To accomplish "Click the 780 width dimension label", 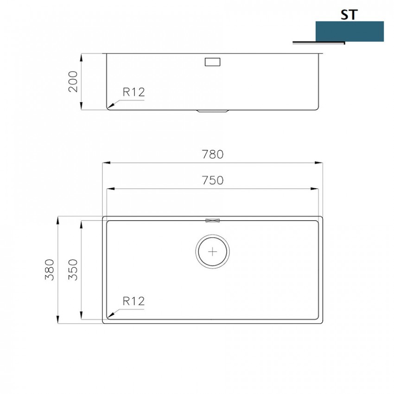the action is click(x=213, y=154).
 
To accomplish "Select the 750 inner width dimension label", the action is click(x=213, y=180).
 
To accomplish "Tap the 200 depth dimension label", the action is click(x=73, y=82).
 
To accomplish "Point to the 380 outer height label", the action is click(x=50, y=270).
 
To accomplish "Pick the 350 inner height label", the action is click(x=73, y=270).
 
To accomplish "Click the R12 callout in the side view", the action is click(x=133, y=92).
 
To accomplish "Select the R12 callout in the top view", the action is click(x=133, y=301).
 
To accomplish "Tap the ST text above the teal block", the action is click(x=350, y=15).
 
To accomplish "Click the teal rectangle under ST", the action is click(x=350, y=31).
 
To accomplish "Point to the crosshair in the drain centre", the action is click(x=213, y=252).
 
